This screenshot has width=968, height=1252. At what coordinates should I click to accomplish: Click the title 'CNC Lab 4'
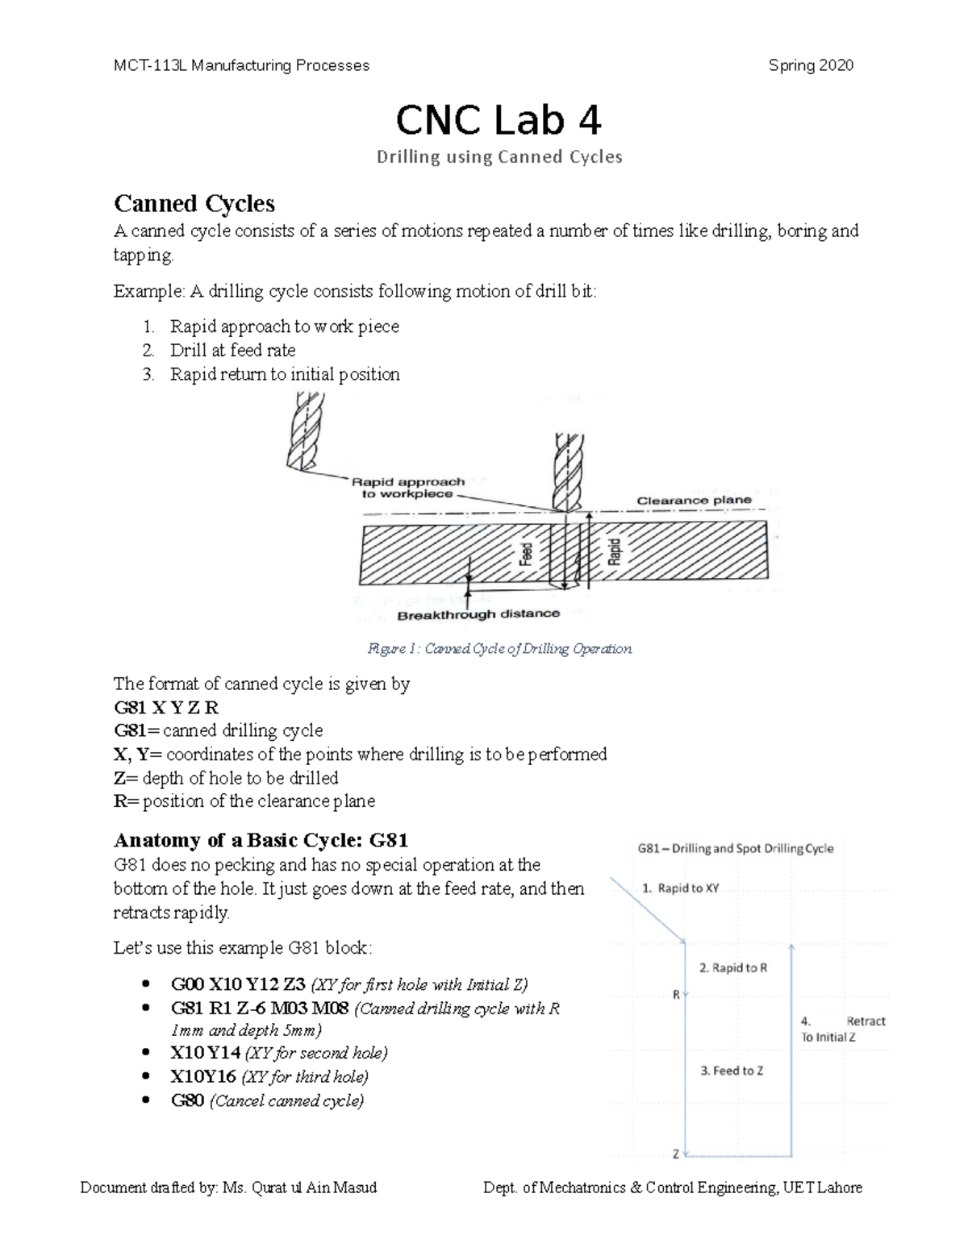(x=498, y=121)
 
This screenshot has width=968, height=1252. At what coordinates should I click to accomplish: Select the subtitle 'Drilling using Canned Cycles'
(x=499, y=157)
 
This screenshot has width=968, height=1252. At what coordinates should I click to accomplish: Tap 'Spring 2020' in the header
(x=811, y=66)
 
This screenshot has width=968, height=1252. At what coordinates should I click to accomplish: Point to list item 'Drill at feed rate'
(x=232, y=350)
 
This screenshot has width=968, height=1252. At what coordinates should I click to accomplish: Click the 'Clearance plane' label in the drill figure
(x=694, y=500)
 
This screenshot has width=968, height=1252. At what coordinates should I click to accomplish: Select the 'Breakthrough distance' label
(x=478, y=614)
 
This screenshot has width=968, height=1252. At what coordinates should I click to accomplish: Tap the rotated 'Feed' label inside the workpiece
(x=526, y=554)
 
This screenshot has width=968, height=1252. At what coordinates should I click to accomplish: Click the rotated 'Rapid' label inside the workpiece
(x=615, y=551)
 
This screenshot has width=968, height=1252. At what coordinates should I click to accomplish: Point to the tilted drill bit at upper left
(x=304, y=431)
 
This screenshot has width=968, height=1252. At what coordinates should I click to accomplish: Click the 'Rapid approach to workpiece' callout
(x=408, y=488)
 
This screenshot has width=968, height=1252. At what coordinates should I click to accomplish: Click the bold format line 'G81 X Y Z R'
(x=166, y=707)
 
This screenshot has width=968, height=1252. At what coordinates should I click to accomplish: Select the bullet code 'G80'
(x=187, y=1100)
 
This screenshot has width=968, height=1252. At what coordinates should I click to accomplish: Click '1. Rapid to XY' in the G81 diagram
(x=680, y=888)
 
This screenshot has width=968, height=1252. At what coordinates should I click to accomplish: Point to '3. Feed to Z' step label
(x=731, y=1071)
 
